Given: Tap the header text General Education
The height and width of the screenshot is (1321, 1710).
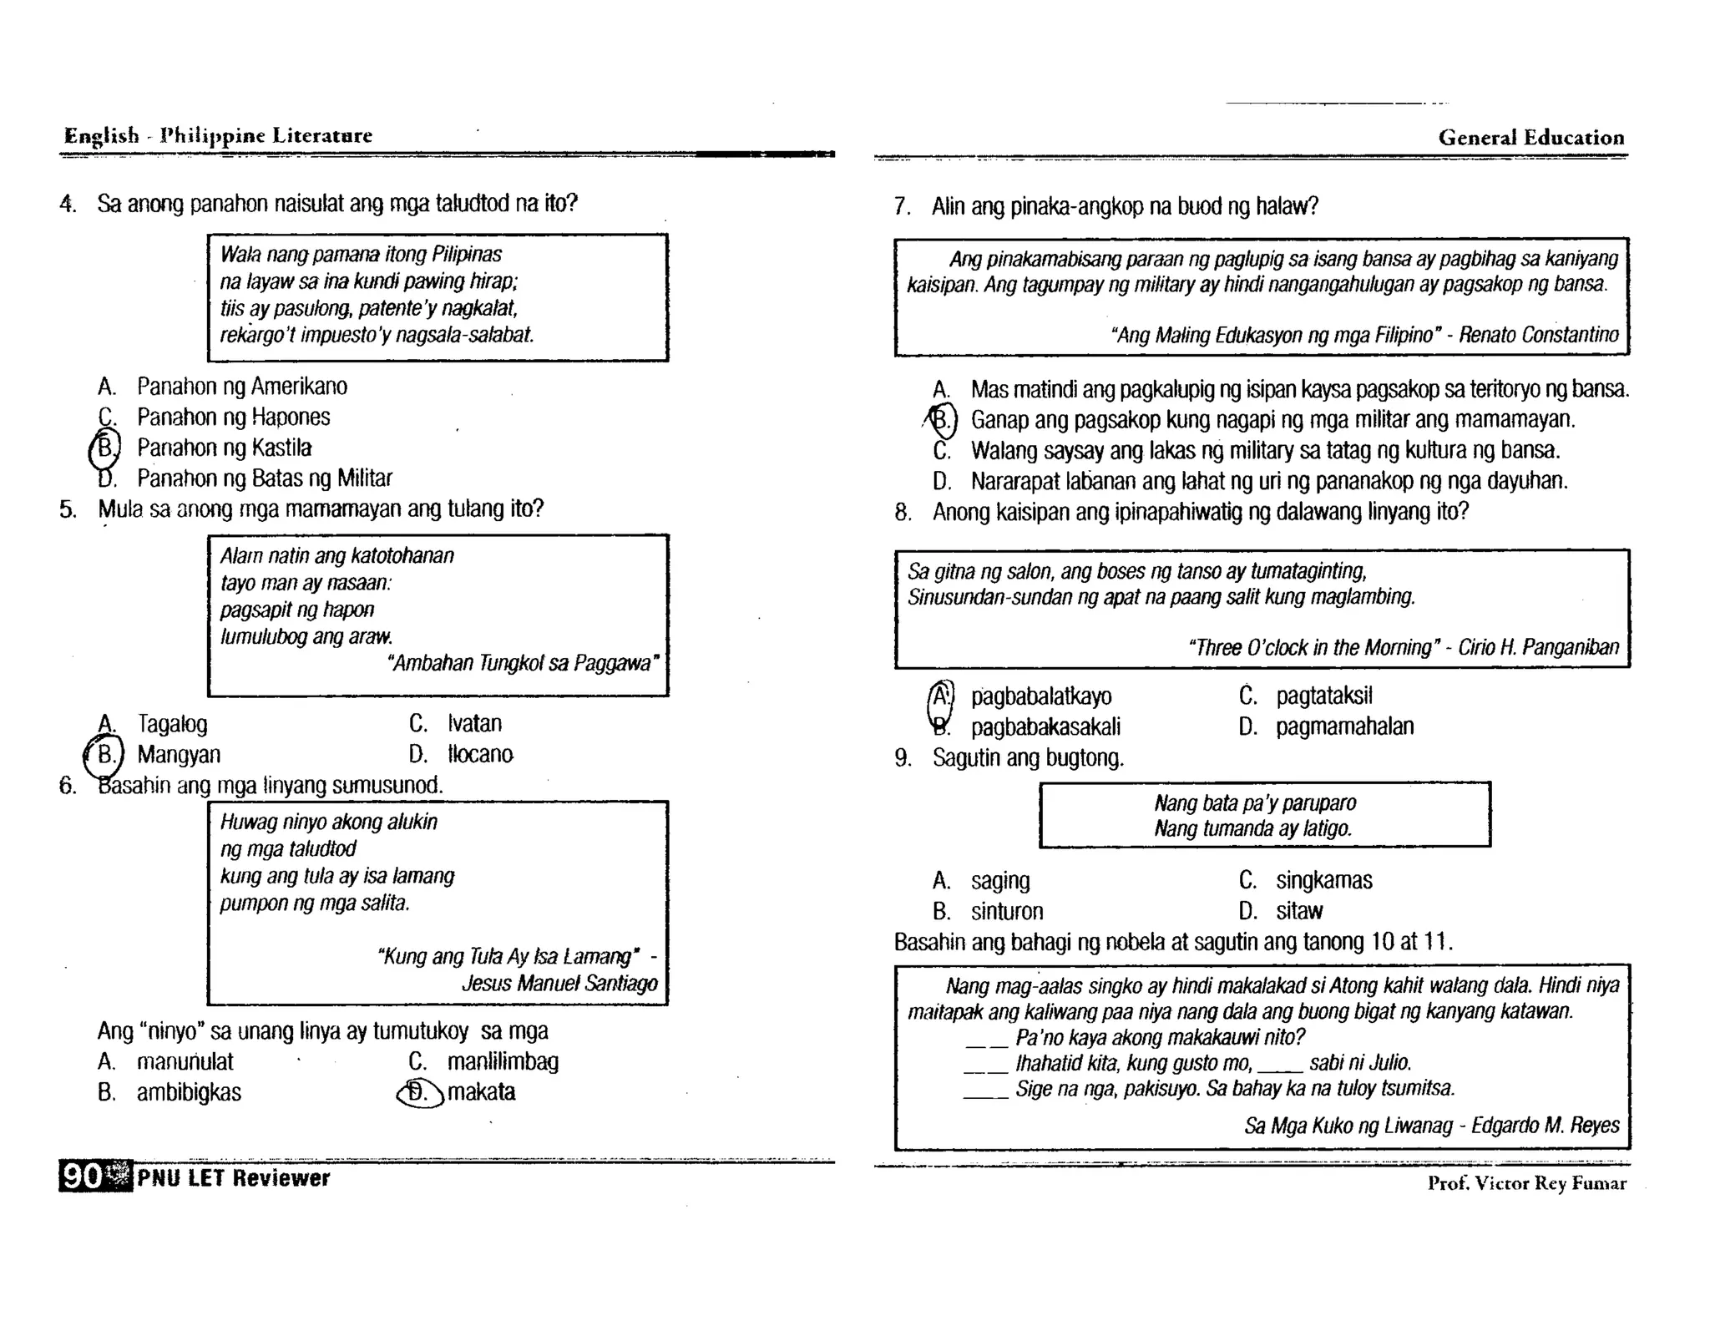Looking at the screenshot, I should [x=1530, y=138].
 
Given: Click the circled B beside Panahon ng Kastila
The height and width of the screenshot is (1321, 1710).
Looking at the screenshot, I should [x=105, y=448].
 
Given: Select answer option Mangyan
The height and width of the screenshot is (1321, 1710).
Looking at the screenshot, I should [x=179, y=754].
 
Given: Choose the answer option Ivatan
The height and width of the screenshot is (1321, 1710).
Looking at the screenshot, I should [x=474, y=723].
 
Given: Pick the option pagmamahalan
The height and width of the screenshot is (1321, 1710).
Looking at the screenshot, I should [x=1344, y=726].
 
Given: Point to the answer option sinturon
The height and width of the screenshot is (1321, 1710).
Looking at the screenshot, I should [x=1006, y=911].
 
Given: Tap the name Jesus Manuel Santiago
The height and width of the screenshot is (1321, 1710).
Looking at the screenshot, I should [x=559, y=983].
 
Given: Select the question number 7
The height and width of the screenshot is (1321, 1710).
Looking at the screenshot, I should [x=902, y=206].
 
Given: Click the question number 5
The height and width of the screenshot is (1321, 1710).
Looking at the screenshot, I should [x=68, y=509].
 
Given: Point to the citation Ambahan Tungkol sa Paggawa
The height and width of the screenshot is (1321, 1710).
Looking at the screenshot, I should [x=524, y=663].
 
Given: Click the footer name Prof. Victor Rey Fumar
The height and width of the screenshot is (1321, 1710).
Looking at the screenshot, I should [x=1526, y=1183].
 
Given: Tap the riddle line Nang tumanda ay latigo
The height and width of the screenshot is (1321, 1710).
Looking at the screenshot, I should [x=1252, y=828].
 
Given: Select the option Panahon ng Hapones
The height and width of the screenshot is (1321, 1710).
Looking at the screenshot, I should [x=233, y=417].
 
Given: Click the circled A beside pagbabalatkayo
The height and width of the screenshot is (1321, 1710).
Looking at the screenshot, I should [x=941, y=696].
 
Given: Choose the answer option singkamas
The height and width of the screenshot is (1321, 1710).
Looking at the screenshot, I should [x=1323, y=880].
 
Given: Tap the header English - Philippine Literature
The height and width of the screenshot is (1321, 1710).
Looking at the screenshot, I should [x=218, y=135].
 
